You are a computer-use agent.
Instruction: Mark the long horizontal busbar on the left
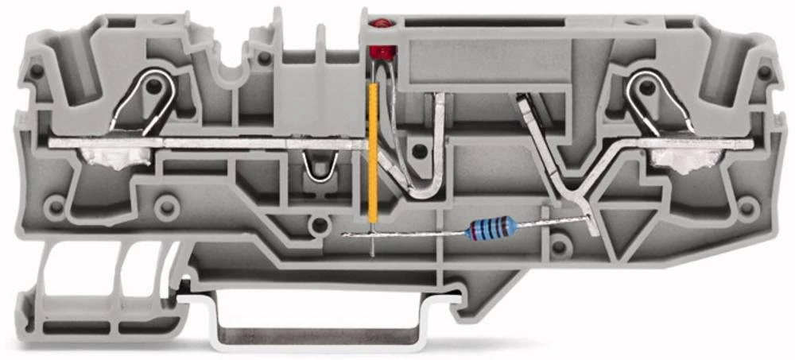pos(207,144)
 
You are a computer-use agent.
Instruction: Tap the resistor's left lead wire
pos(405,234)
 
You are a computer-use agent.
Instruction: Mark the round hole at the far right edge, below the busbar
pos(747,207)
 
